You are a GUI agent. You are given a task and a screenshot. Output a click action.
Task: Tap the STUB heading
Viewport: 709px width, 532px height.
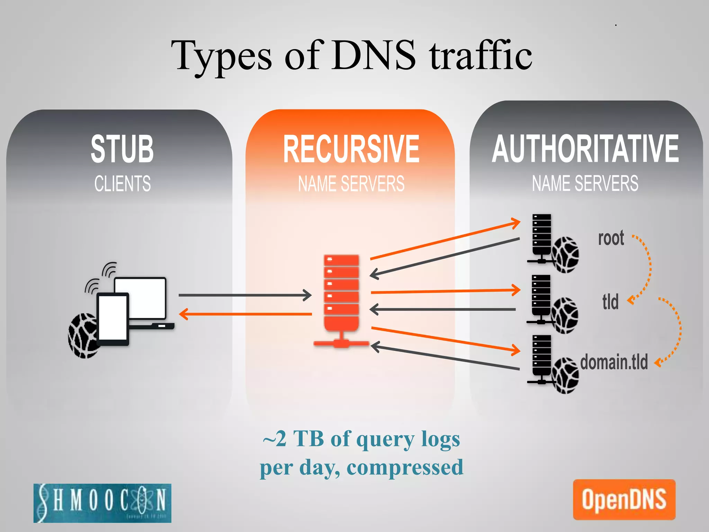click(122, 149)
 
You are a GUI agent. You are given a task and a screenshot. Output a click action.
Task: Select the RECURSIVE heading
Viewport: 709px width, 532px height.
click(351, 149)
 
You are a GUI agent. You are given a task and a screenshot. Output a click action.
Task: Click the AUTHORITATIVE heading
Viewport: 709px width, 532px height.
click(585, 149)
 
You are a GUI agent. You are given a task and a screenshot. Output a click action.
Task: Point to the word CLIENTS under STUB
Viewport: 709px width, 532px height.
click(123, 184)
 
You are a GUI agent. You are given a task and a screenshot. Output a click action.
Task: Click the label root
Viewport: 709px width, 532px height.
click(611, 238)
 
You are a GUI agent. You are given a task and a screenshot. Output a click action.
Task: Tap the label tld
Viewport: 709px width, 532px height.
click(610, 302)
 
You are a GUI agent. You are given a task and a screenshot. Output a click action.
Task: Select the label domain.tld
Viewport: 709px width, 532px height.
click(614, 362)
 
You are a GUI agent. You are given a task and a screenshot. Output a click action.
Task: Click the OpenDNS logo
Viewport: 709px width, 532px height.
click(624, 499)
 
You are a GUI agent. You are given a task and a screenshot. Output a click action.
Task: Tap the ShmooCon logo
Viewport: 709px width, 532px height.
click(102, 503)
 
